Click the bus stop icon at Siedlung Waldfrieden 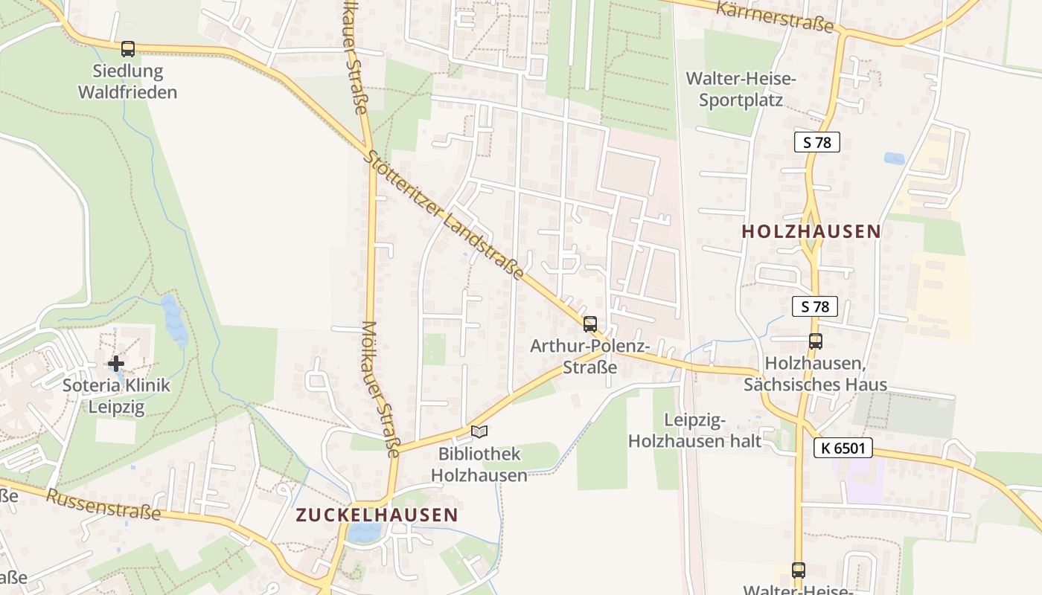click(128, 49)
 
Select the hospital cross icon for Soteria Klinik click(116, 364)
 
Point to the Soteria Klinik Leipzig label click(116, 396)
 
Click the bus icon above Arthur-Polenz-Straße click(590, 324)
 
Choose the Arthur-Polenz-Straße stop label click(590, 357)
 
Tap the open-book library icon click(479, 431)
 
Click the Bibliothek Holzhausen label click(479, 464)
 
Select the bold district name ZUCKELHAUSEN click(377, 515)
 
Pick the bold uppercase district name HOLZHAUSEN click(811, 231)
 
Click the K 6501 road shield click(843, 448)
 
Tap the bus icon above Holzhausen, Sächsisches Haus click(816, 341)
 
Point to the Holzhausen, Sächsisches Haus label click(816, 374)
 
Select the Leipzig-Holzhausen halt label click(694, 431)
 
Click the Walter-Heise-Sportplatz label click(741, 89)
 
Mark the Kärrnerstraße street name click(775, 16)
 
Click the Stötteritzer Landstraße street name click(446, 216)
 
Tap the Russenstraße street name click(103, 506)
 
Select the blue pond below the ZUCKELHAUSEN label click(362, 532)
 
